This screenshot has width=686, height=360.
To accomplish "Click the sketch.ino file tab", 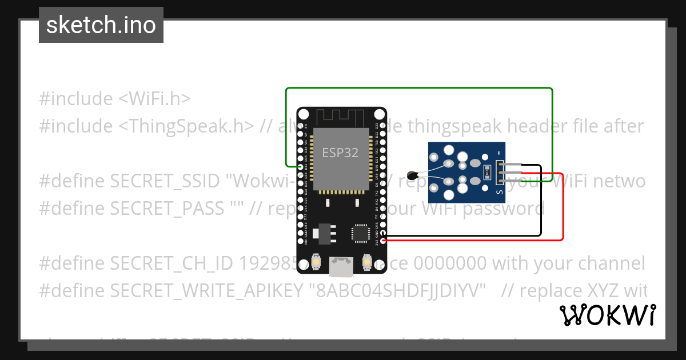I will click(101, 25).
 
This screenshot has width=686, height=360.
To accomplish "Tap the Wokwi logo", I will click(607, 315).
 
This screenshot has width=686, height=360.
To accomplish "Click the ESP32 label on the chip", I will click(340, 153).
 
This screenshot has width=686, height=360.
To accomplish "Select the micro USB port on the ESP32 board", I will click(341, 266).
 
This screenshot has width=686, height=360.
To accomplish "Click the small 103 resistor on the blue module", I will click(487, 170).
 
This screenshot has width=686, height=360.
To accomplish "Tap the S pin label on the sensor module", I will click(499, 192).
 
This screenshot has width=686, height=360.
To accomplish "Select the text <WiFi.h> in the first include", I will click(154, 99).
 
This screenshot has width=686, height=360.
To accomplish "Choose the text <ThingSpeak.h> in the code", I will click(186, 126).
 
